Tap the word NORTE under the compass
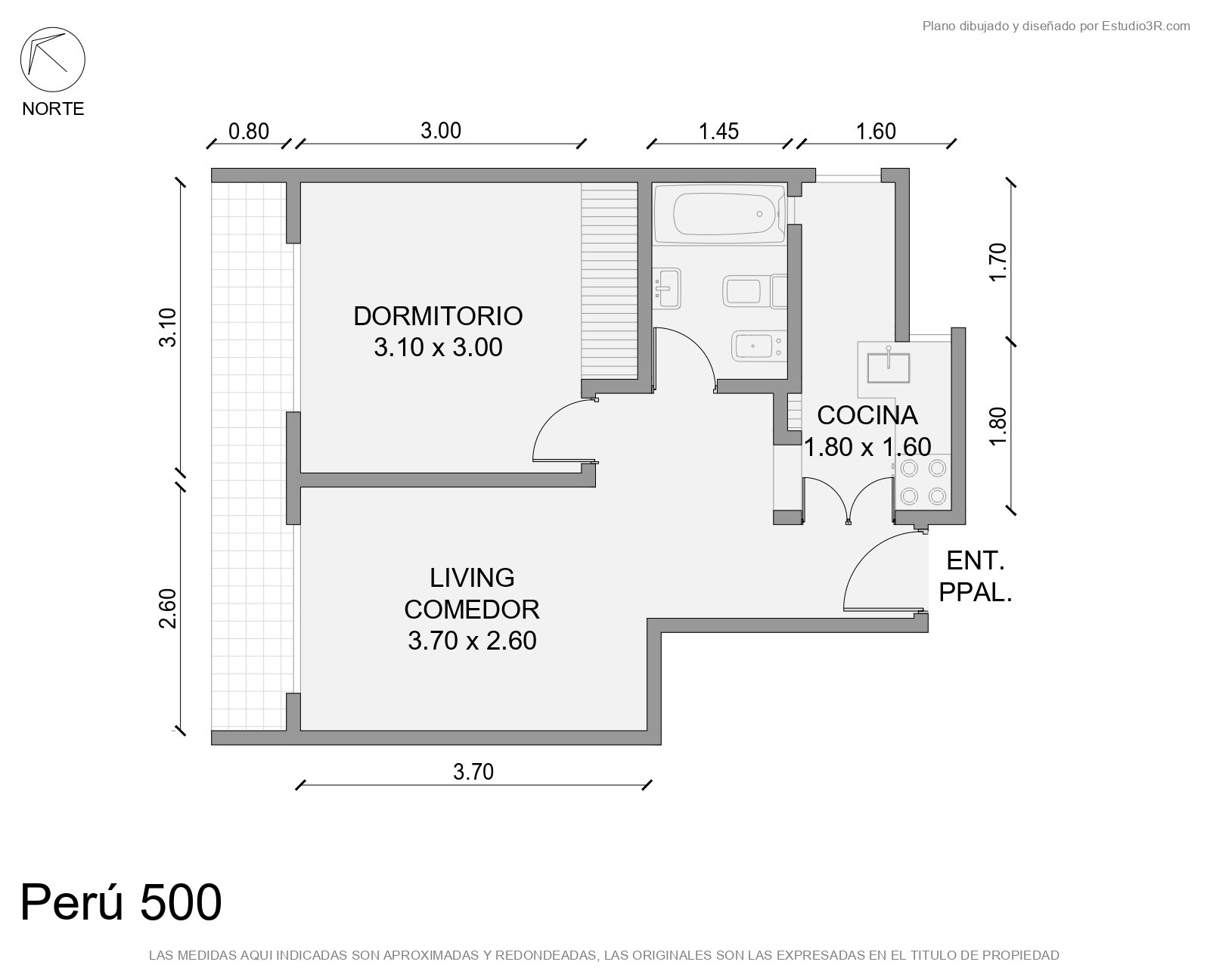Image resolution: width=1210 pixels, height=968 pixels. click(53, 109)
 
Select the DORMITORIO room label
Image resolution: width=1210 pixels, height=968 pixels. click(438, 316)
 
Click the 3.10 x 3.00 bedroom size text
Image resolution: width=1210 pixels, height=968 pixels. click(438, 347)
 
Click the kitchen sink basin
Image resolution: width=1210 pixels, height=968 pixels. click(888, 368)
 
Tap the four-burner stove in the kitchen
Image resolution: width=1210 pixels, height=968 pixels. click(923, 482)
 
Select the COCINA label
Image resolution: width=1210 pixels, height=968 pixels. click(867, 416)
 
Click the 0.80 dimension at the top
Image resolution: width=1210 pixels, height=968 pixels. click(249, 132)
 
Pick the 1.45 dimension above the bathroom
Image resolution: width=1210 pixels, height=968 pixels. click(718, 132)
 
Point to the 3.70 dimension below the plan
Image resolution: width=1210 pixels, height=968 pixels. click(473, 771)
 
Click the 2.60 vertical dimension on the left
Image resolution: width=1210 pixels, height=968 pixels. click(168, 608)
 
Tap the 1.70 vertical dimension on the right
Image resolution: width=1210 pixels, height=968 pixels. click(997, 262)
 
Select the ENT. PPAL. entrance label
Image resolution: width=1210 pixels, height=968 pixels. click(976, 576)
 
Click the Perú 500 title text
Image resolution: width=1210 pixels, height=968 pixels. click(121, 902)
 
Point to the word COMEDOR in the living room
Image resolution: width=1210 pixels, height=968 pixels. click(472, 609)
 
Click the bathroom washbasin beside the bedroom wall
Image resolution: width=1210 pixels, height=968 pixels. click(667, 289)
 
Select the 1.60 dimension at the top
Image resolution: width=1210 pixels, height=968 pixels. click(876, 132)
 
